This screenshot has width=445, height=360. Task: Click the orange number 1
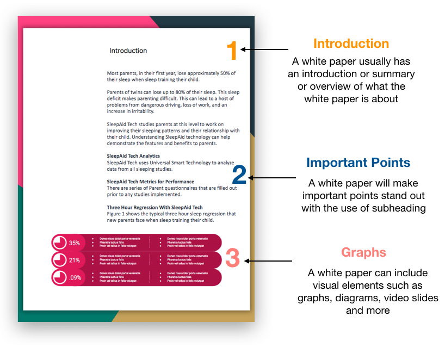pyautogui.click(x=232, y=51)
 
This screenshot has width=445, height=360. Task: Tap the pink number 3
pyautogui.click(x=232, y=258)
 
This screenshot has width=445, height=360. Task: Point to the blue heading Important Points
pyautogui.click(x=358, y=163)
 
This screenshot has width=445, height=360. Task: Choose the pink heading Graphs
pyautogui.click(x=363, y=252)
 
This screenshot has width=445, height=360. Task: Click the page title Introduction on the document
pyautogui.click(x=128, y=51)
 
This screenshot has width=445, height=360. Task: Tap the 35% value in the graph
pyautogui.click(x=75, y=243)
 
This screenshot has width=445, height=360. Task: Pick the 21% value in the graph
pyautogui.click(x=75, y=260)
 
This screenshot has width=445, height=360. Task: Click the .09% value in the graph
pyautogui.click(x=75, y=277)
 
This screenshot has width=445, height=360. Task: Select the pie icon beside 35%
pyautogui.click(x=59, y=243)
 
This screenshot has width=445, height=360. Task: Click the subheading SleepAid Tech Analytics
pyautogui.click(x=133, y=156)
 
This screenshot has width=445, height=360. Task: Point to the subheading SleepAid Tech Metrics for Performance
pyautogui.click(x=151, y=182)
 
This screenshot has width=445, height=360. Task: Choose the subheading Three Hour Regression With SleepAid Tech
pyautogui.click(x=154, y=207)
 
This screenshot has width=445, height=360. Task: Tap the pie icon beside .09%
pyautogui.click(x=59, y=277)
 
